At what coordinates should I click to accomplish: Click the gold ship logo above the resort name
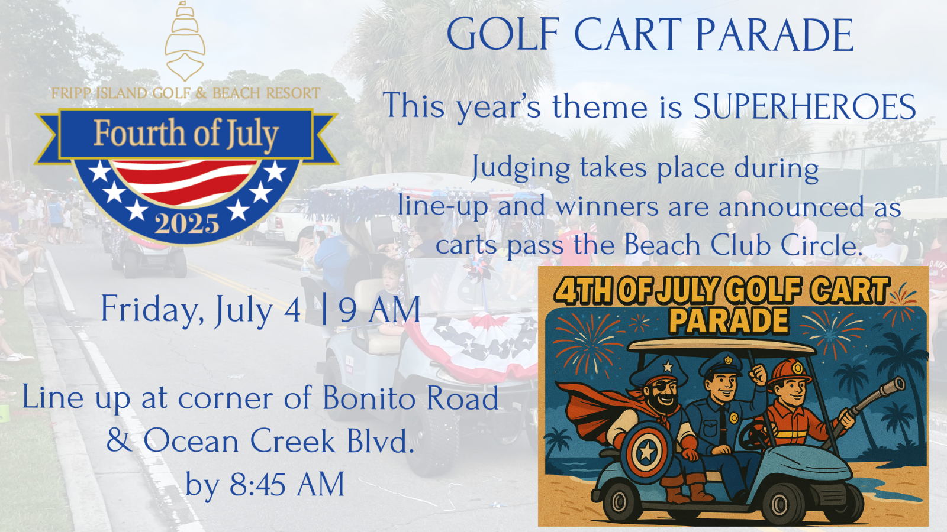pos(185,41)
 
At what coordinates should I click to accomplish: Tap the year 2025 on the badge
pos(187,224)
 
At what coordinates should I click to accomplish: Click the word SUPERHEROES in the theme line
pos(804,106)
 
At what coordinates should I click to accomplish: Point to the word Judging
pos(521,168)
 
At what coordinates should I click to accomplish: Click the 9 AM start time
pos(379,310)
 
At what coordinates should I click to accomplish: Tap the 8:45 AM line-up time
pos(287,484)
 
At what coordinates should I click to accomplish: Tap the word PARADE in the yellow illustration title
pos(729,321)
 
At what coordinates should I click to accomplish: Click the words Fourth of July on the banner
pos(186,134)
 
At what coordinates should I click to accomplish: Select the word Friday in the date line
pos(150,310)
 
